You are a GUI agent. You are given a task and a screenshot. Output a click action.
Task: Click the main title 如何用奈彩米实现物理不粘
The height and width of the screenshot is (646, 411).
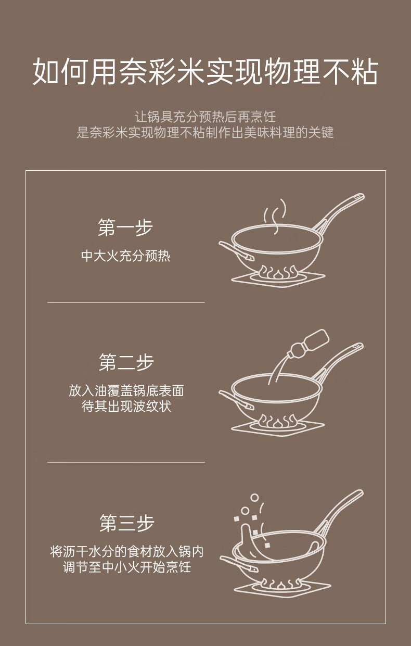205,71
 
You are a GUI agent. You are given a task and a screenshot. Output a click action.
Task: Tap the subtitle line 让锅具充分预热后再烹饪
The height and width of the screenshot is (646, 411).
205,117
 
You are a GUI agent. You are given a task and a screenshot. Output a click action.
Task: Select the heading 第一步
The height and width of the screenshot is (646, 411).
126,227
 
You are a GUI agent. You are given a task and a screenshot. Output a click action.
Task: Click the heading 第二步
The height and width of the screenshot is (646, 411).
126,362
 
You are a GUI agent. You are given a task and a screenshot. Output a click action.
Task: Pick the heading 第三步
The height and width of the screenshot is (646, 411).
127,523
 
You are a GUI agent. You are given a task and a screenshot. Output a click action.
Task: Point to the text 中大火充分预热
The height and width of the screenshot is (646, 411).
126,256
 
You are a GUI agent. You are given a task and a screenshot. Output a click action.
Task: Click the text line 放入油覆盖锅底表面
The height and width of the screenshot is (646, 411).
126,391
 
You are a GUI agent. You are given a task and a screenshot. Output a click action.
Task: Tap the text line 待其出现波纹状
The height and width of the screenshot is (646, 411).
126,407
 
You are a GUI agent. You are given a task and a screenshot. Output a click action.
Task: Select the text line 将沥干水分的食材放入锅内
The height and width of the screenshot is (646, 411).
127,552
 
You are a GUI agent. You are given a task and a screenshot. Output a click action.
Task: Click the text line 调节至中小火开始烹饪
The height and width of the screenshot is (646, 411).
127,567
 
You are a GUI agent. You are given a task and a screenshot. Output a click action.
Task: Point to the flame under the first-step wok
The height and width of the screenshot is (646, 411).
277,272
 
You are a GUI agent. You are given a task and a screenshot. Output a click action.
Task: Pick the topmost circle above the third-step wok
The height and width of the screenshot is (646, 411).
254,498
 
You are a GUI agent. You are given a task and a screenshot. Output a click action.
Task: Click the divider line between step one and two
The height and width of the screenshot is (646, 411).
126,302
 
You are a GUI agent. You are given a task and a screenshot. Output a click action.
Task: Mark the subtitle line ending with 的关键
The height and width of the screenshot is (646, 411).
205,132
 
